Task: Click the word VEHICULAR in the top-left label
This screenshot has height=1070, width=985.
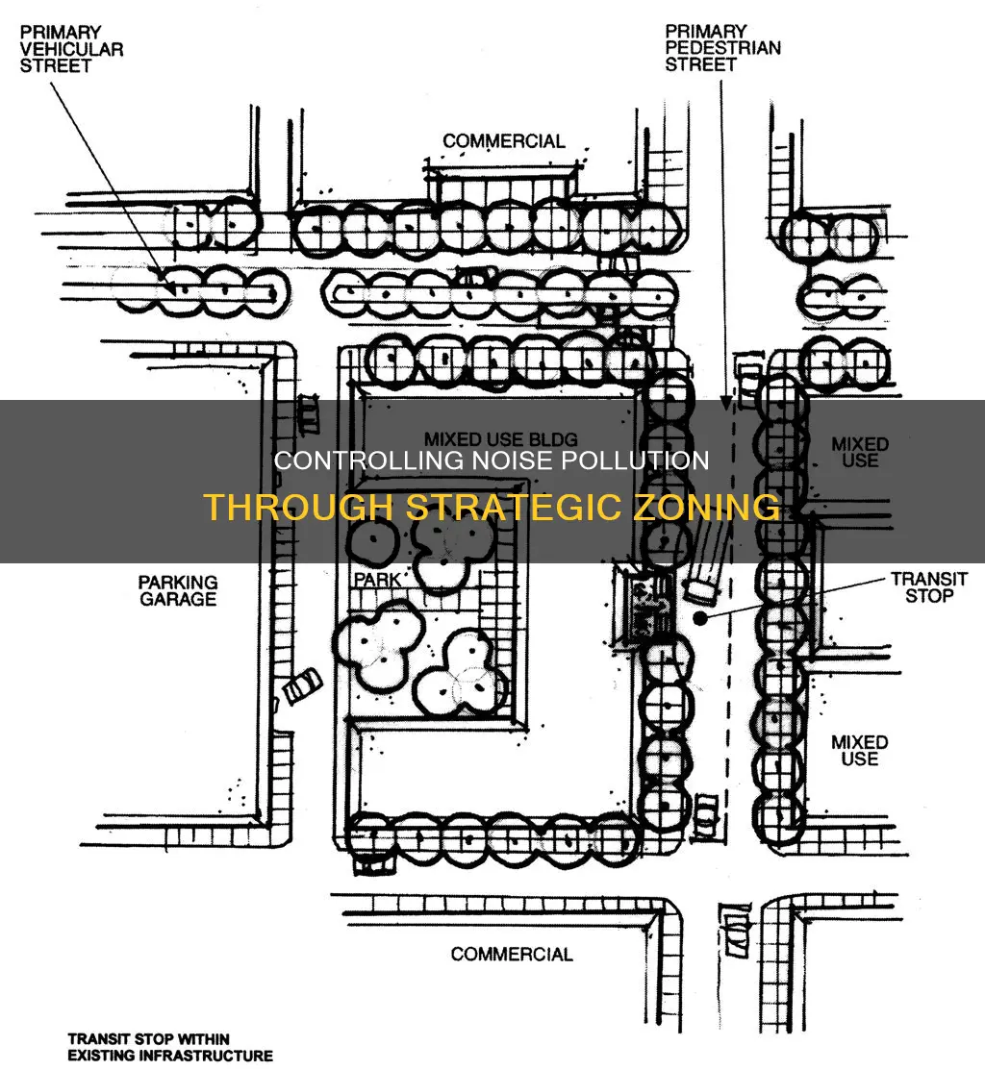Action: point(72,49)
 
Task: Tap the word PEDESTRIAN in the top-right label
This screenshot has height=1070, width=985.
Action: point(723,48)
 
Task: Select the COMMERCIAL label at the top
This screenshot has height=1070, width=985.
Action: point(504,141)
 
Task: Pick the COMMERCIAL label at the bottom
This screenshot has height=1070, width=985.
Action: point(512,954)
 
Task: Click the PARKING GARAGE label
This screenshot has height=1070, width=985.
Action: point(178,591)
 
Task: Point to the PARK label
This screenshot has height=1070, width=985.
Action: point(377,580)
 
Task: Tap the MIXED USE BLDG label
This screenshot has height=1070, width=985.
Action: point(501,438)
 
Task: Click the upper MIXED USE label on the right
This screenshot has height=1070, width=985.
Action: point(860,453)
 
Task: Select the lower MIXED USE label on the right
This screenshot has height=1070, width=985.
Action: point(859,750)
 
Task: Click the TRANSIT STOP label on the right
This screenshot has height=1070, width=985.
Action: point(929,587)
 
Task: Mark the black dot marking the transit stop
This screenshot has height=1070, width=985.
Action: point(699,618)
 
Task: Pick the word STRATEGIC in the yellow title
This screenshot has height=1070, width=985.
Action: point(516,507)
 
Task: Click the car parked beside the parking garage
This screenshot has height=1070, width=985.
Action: point(302,685)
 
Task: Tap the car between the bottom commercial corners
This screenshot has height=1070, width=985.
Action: point(736,931)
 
